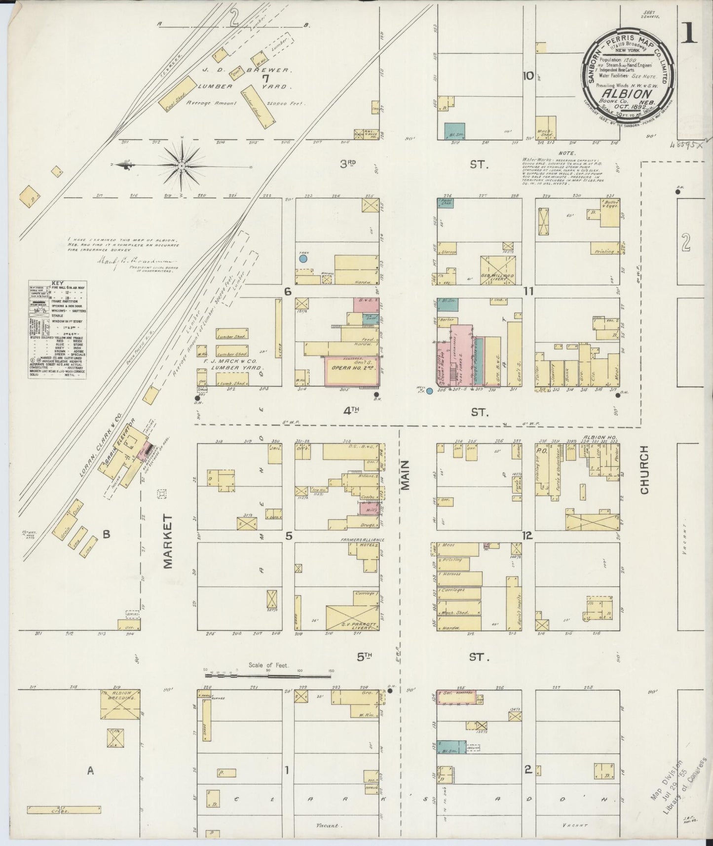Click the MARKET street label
pos(168,541)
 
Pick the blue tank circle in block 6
pos(303,258)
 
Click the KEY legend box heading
pos(57,284)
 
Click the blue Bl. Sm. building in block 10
pos(454,131)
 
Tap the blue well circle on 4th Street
pos(429,391)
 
